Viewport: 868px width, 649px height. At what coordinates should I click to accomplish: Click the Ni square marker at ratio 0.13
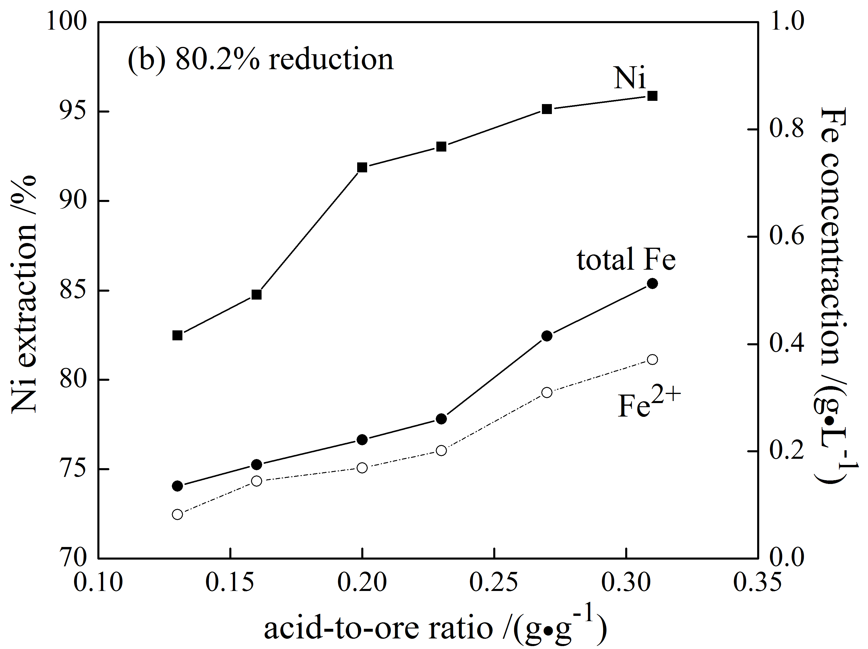[x=177, y=335]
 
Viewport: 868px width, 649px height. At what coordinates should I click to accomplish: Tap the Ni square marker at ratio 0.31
[x=652, y=96]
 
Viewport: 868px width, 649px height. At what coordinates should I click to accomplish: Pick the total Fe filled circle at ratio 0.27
[x=547, y=336]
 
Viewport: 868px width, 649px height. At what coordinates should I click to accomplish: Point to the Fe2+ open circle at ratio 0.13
[x=177, y=514]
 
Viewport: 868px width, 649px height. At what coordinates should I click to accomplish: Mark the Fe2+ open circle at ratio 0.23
[x=441, y=450]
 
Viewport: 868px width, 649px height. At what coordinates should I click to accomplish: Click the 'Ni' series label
[x=629, y=78]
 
